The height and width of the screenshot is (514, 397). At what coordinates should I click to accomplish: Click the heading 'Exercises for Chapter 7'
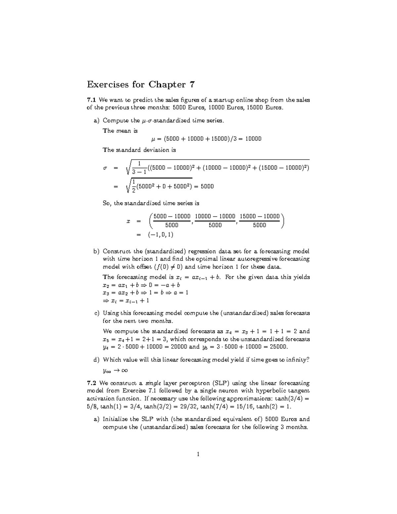pyautogui.click(x=141, y=85)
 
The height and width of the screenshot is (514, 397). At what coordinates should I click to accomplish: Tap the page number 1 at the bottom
pyautogui.click(x=198, y=454)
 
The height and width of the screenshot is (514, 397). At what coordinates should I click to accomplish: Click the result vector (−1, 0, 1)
pyautogui.click(x=160, y=235)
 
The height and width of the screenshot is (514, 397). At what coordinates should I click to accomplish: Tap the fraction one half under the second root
pyautogui.click(x=133, y=186)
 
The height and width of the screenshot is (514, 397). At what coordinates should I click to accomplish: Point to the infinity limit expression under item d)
pyautogui.click(x=115, y=370)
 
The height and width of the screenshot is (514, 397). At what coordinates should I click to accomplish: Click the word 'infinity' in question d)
pyautogui.click(x=299, y=360)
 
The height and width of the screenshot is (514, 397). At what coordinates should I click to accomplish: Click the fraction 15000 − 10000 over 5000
pyautogui.click(x=260, y=220)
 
